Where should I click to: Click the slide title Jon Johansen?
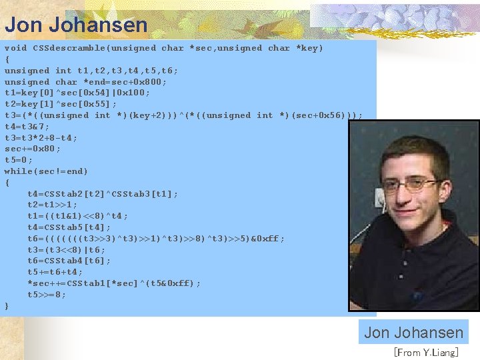pos(76,25)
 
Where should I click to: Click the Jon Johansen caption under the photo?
pos(413,332)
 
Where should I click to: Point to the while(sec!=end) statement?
pos(46,171)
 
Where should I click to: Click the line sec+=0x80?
pos(32,149)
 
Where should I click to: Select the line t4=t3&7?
pos(27,127)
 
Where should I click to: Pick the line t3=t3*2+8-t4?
pos(41,138)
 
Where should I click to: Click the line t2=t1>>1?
pos(52,205)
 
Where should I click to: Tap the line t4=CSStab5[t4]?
pos(69,227)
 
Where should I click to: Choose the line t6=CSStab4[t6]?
pos(69,261)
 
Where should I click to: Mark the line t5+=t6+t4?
pos(55,272)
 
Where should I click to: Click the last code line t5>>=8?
pos(47,295)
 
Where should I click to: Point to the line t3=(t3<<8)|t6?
pos(66,249)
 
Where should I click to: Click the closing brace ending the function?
pos(7,305)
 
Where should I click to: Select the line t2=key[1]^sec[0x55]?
pos(60,104)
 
